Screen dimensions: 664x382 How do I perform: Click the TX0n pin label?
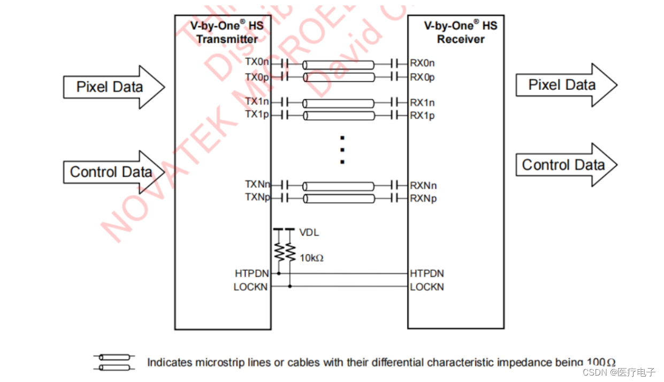coord(257,62)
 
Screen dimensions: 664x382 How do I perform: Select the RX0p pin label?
coord(422,77)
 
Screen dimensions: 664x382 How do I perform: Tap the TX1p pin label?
coord(257,114)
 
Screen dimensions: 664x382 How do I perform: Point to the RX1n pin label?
coord(422,102)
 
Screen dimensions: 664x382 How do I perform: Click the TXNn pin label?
coord(257,185)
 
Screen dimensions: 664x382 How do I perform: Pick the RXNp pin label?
coord(423,198)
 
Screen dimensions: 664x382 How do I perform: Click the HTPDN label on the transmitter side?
coord(251,273)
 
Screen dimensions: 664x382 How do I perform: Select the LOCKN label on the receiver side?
coord(427,287)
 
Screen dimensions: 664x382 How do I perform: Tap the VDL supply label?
coord(309,233)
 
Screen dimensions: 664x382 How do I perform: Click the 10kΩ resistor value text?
coord(311,258)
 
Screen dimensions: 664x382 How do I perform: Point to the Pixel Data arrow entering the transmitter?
coord(113,87)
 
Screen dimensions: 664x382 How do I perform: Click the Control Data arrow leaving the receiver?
coord(566,165)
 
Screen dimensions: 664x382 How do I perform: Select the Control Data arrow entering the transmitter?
coord(113,172)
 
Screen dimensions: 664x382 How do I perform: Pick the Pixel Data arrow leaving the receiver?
coord(566,85)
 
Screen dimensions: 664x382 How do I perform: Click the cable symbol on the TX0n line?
coord(338,65)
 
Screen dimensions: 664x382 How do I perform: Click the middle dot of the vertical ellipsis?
coord(342,150)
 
